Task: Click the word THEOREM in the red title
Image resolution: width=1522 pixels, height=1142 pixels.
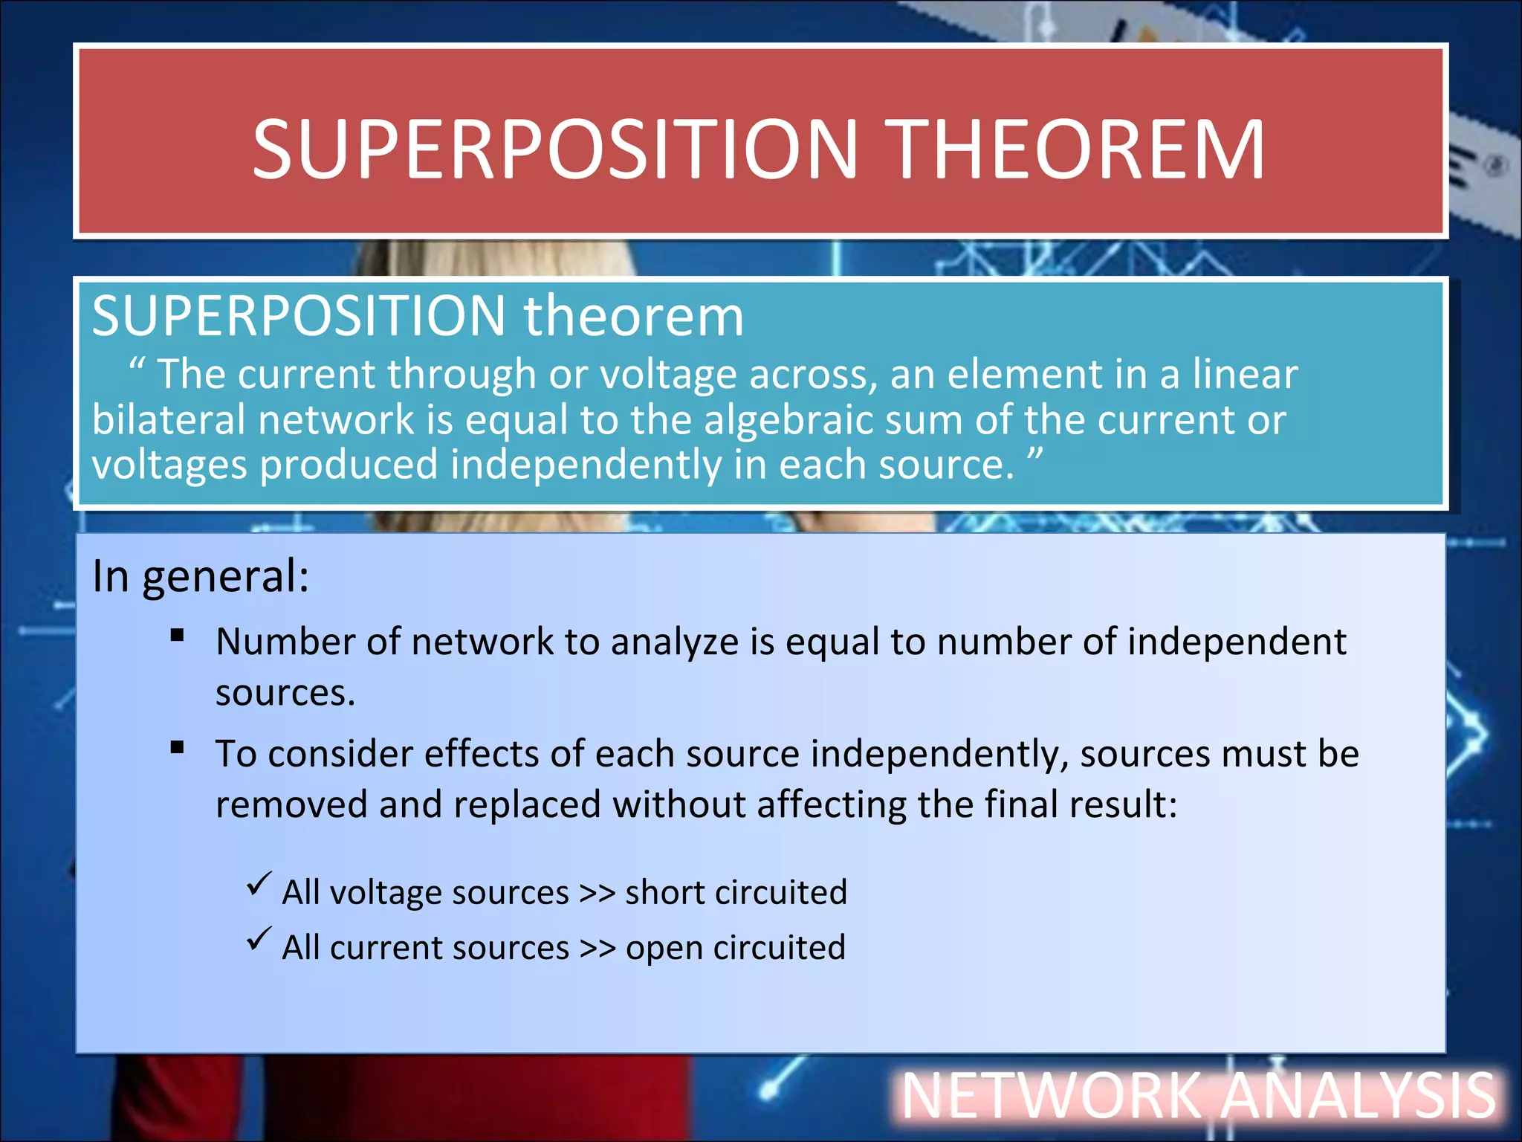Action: point(1078,150)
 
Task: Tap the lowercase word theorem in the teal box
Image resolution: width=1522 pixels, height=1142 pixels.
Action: point(633,316)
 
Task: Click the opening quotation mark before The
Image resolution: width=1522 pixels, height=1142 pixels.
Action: point(137,366)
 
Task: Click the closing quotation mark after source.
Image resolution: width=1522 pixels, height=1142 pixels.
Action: point(1035,455)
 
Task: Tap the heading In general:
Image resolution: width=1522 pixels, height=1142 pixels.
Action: point(201,576)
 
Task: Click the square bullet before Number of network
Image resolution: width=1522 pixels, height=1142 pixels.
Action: point(177,635)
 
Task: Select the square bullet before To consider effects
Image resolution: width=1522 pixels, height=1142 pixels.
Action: point(177,747)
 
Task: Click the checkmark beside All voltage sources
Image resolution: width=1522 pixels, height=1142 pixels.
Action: point(259,883)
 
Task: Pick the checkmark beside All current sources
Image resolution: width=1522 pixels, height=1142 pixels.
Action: point(259,939)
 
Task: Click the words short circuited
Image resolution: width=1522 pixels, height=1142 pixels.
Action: point(736,892)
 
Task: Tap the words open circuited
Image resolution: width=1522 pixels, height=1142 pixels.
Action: point(736,949)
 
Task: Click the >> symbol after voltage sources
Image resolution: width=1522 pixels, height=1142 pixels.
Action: point(597,893)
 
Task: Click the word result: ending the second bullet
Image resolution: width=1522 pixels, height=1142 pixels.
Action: point(1123,805)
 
